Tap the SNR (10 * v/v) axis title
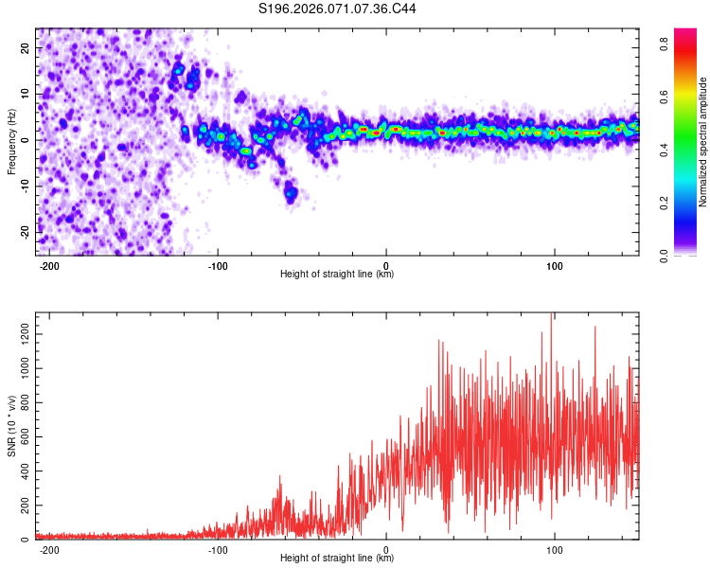point(11,426)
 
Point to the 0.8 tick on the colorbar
point(665,43)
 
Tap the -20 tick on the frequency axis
point(24,231)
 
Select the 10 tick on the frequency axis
point(26,95)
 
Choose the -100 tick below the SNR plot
point(219,550)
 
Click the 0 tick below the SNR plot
point(386,550)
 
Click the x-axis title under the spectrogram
point(337,275)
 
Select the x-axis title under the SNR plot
point(337,559)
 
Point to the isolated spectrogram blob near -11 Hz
point(291,193)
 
